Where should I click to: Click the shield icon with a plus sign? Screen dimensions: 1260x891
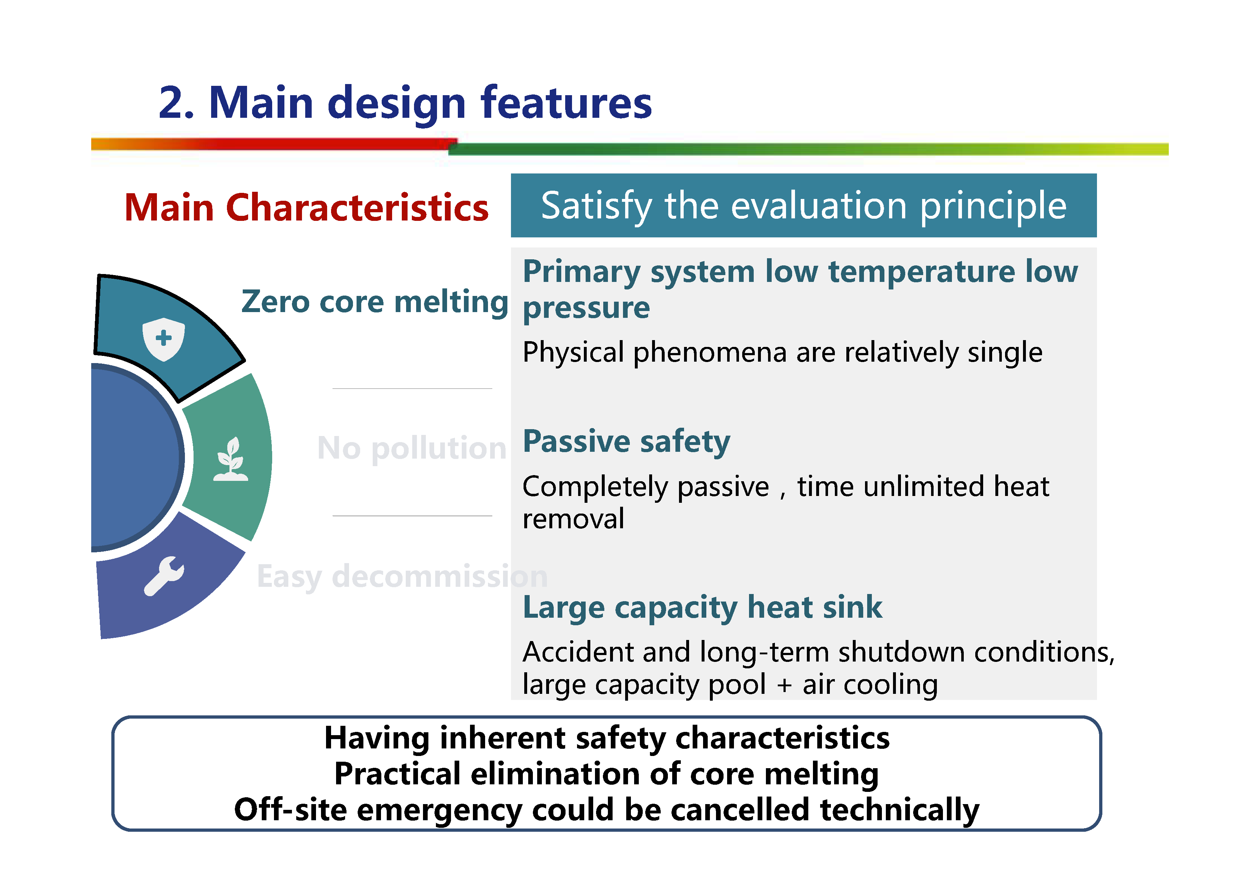point(163,339)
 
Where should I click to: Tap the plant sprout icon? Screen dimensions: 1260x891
point(231,459)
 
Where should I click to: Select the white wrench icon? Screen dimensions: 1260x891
point(164,576)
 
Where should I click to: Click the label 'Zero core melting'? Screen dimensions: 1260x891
point(375,302)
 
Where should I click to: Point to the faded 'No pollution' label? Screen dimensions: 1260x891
point(412,448)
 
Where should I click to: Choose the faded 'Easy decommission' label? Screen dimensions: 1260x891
point(402,576)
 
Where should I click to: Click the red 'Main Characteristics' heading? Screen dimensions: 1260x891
point(306,208)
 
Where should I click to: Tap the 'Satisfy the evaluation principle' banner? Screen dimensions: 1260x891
point(803,206)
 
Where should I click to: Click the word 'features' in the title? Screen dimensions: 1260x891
point(566,103)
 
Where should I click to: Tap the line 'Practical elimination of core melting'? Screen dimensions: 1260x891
point(606,774)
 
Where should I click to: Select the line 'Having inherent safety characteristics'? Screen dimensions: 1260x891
point(607,738)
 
